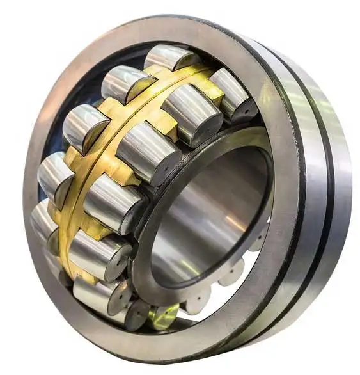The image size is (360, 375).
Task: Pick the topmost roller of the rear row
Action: (x=169, y=58)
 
